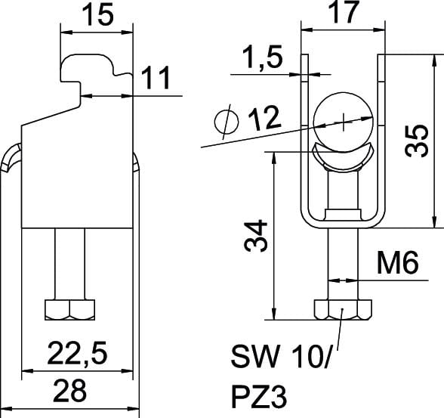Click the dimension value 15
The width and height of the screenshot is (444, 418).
(97, 14)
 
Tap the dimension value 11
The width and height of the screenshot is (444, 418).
(156, 77)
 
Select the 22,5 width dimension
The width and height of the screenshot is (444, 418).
(77, 353)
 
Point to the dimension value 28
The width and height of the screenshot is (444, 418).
(70, 391)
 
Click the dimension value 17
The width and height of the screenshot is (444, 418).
(344, 12)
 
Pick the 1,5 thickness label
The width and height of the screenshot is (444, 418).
(263, 57)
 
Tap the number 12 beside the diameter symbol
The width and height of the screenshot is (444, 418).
(265, 118)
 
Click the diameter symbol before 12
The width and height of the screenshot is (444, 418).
(227, 122)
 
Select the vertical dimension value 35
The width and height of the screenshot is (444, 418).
(416, 141)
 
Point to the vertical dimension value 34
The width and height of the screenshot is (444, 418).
(255, 236)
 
